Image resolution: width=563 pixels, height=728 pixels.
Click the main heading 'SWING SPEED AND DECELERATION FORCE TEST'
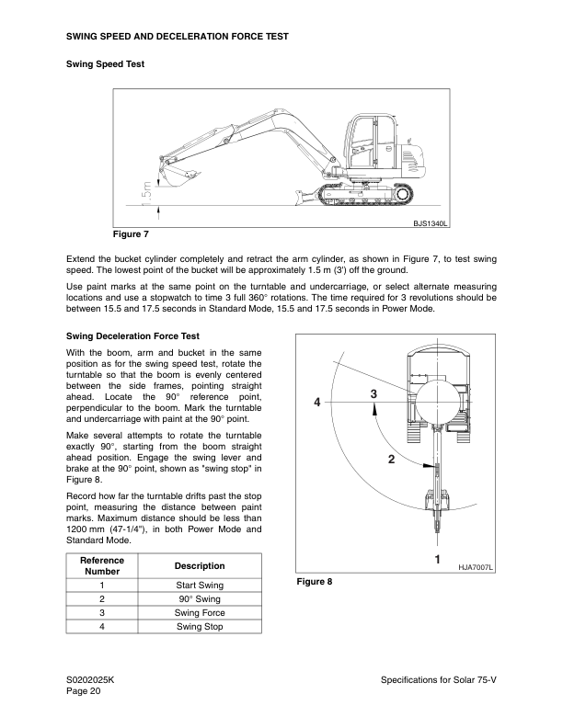pyautogui.click(x=178, y=37)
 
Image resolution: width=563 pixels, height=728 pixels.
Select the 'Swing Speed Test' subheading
pyautogui.click(x=105, y=64)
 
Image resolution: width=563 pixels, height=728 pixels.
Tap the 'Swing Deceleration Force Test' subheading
pyautogui.click(x=132, y=336)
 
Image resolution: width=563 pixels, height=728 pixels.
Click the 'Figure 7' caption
pyautogui.click(x=131, y=233)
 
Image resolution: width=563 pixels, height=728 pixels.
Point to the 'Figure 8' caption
pyautogui.click(x=314, y=582)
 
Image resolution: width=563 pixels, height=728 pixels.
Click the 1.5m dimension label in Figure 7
pyautogui.click(x=146, y=192)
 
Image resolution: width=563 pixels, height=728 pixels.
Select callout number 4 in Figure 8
pyautogui.click(x=316, y=403)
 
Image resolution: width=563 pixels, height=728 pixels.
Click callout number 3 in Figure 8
pyautogui.click(x=373, y=393)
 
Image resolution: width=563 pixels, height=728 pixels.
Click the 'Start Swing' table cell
pyautogui.click(x=199, y=585)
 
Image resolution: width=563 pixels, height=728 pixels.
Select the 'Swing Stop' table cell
pyautogui.click(x=199, y=627)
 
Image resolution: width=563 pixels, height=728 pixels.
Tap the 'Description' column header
pyautogui.click(x=199, y=565)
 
